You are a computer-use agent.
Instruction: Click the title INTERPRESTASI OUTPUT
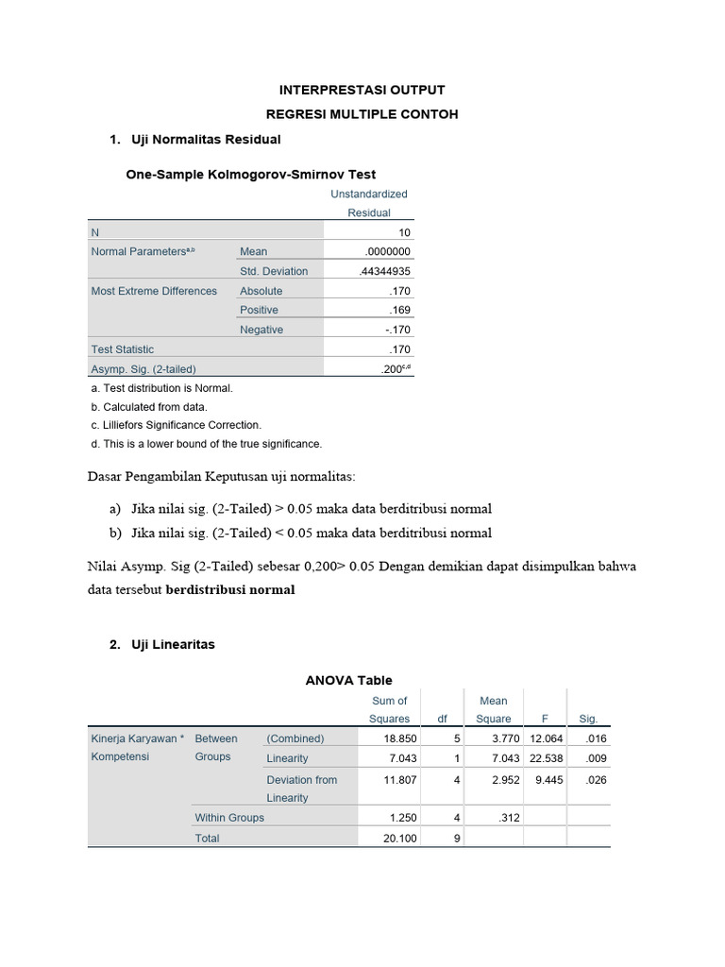[362, 90]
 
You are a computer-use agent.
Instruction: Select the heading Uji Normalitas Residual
[203, 139]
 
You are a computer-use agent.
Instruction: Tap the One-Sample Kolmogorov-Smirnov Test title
[251, 174]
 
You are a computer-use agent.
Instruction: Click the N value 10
[405, 232]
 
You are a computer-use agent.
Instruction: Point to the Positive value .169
[401, 310]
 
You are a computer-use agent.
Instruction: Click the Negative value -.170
[399, 330]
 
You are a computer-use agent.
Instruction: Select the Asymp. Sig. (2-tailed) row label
[143, 369]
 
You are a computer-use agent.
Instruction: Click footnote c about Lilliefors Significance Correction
[177, 425]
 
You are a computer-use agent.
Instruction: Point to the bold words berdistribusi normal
[230, 589]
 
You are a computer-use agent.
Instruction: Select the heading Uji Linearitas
[175, 644]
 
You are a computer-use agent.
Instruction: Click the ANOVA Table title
[347, 680]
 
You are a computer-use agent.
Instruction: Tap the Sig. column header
[588, 719]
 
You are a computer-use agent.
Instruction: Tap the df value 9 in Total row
[455, 838]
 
